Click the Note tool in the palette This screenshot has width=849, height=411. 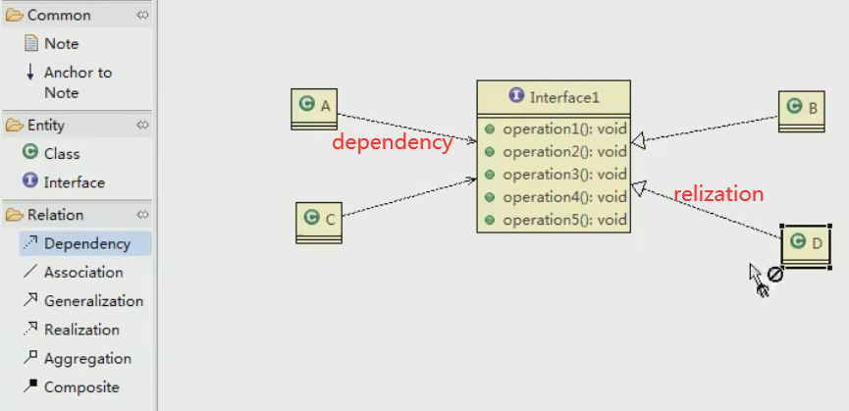coord(60,44)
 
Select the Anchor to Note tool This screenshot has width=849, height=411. coord(77,73)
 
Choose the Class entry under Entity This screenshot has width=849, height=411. coord(61,154)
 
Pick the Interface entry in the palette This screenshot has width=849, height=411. coord(73,182)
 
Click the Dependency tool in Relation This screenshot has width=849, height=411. coord(85,244)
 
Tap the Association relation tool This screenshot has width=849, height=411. coord(82,273)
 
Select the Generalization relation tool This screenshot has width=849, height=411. coord(92,301)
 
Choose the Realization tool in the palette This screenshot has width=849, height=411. coord(80,330)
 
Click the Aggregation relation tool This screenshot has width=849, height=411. coord(86,359)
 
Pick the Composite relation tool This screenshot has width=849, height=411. coord(80,387)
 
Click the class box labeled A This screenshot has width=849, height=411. coord(314,108)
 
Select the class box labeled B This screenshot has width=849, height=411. coord(803,111)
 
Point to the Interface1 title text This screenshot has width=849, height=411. coord(563,97)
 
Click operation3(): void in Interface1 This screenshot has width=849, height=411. coord(563,175)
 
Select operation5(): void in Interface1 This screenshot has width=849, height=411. coord(563,220)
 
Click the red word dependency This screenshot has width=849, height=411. coord(392,142)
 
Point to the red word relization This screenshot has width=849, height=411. coord(717,194)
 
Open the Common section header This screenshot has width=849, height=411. coord(59,16)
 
